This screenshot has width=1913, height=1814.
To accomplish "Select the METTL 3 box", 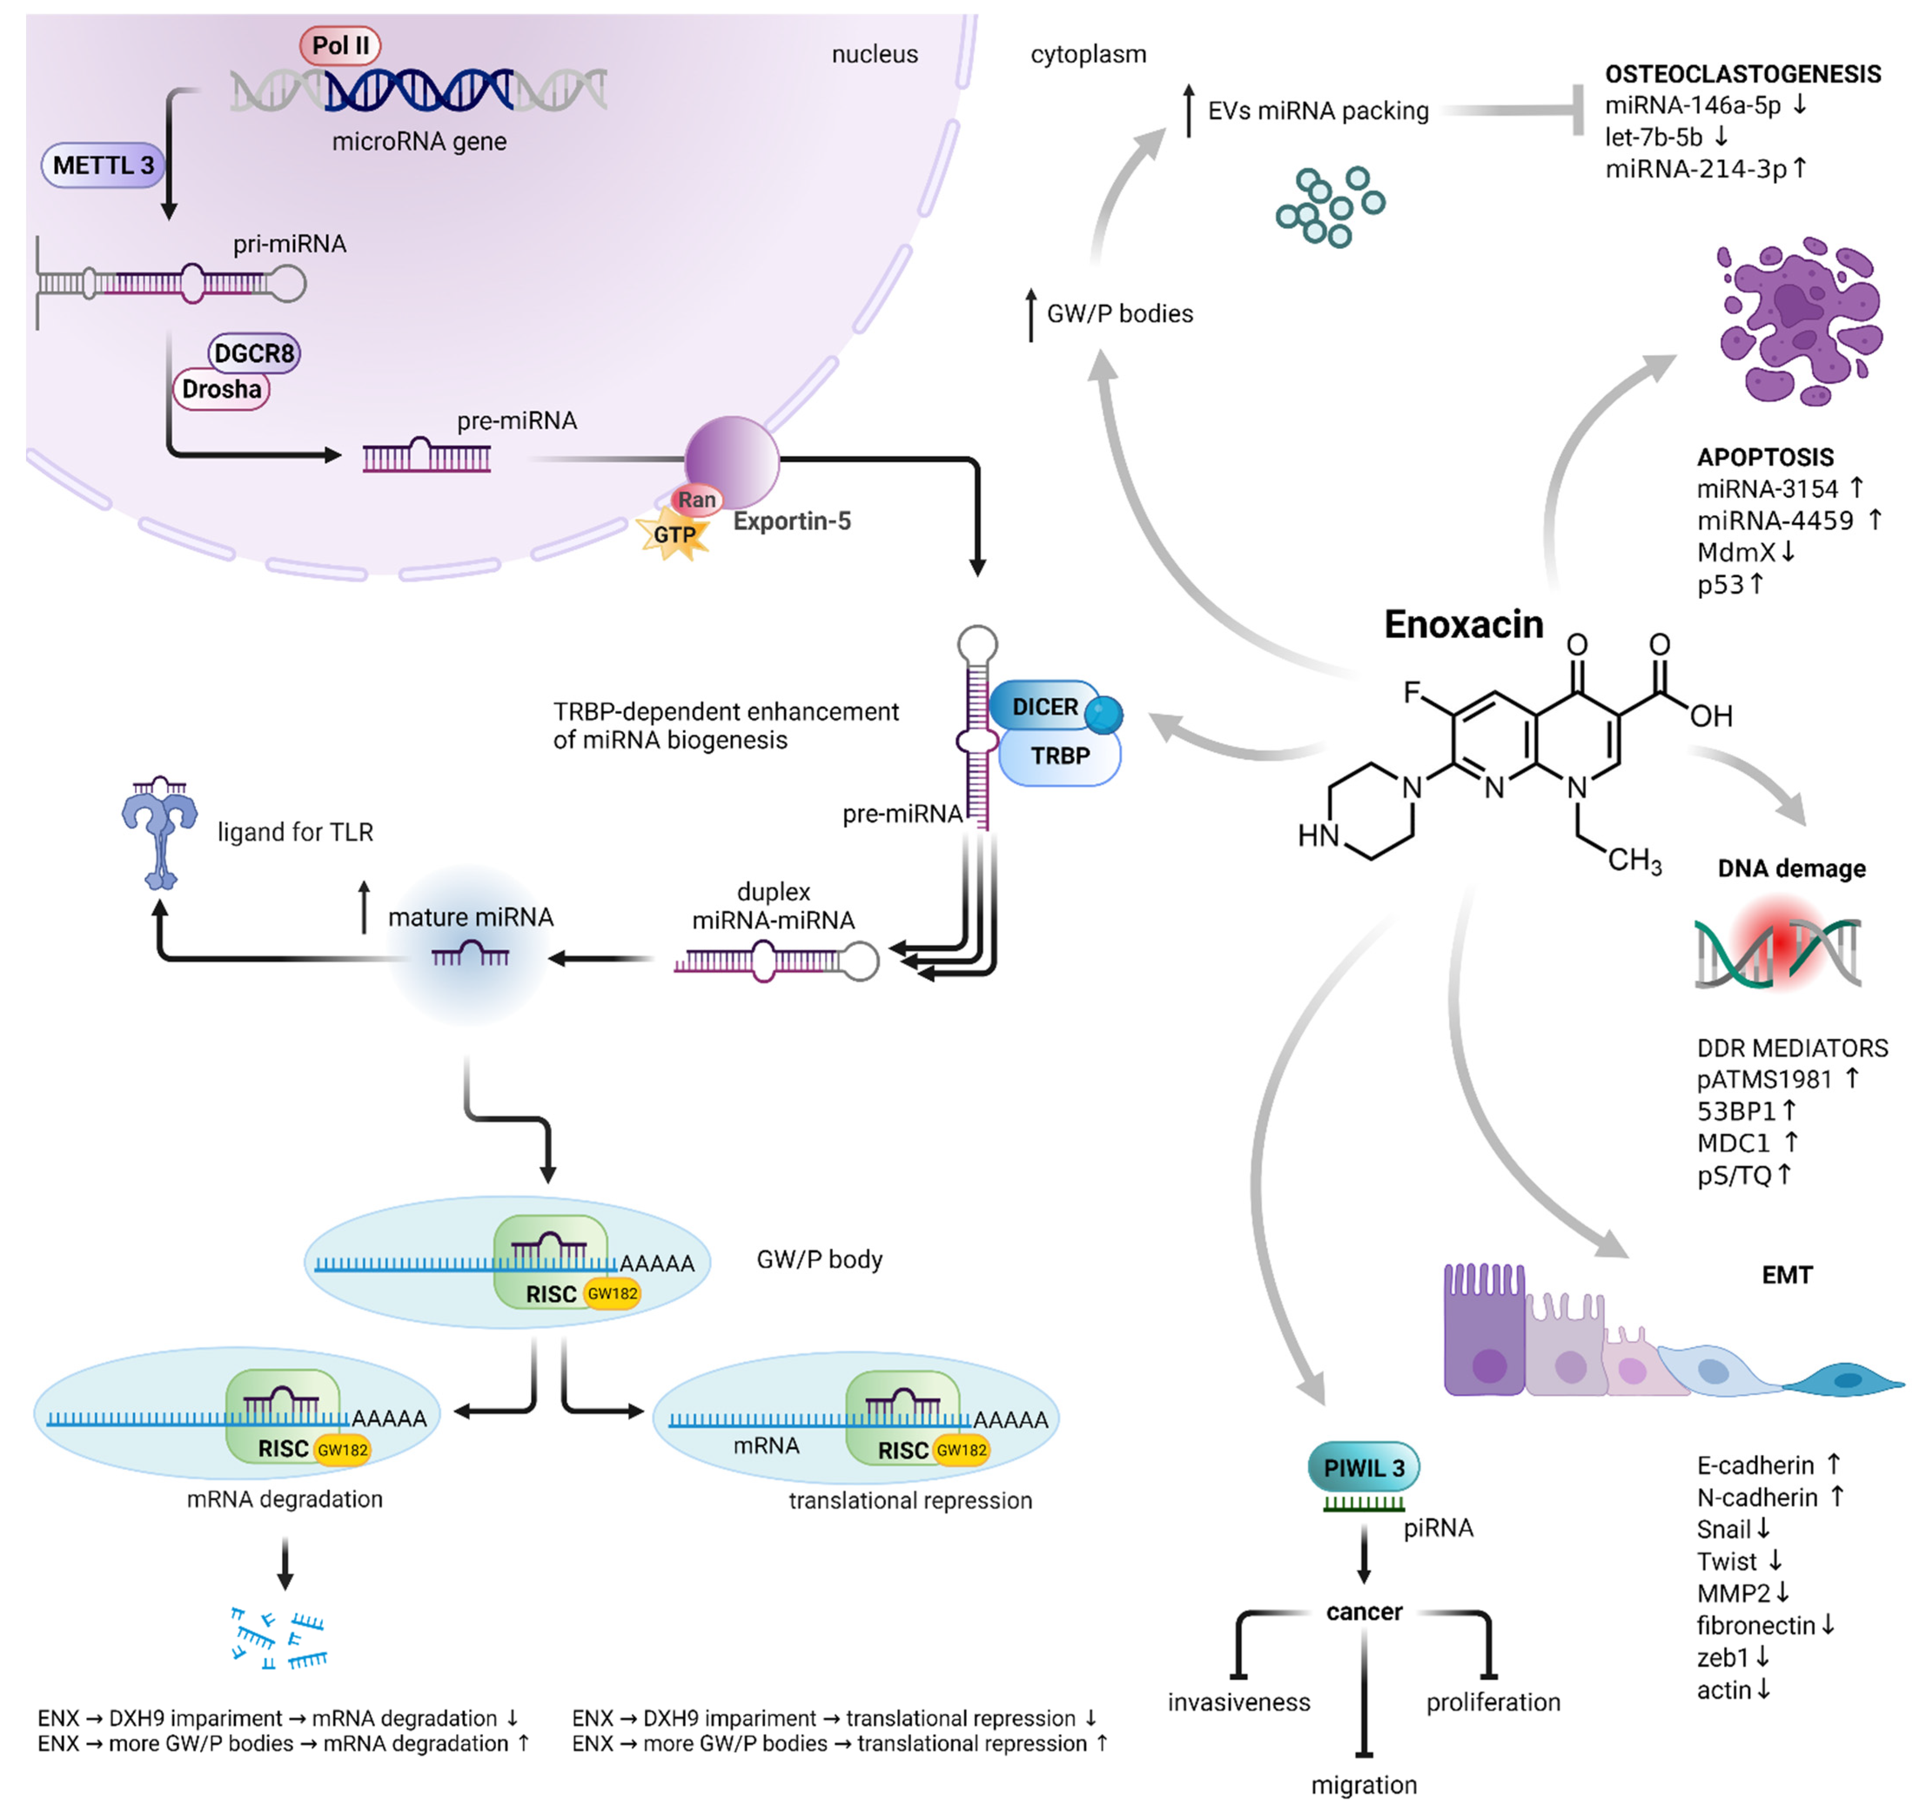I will [x=103, y=165].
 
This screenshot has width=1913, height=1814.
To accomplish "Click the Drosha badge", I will [x=221, y=390].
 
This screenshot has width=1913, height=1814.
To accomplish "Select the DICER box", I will [x=1044, y=707].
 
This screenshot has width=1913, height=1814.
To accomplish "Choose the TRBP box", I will [x=1059, y=756].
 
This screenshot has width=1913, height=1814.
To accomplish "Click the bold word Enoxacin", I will [x=1464, y=625].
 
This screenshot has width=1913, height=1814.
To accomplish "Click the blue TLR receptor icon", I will [x=160, y=832].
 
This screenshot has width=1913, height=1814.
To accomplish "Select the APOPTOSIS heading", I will [x=1765, y=457].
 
